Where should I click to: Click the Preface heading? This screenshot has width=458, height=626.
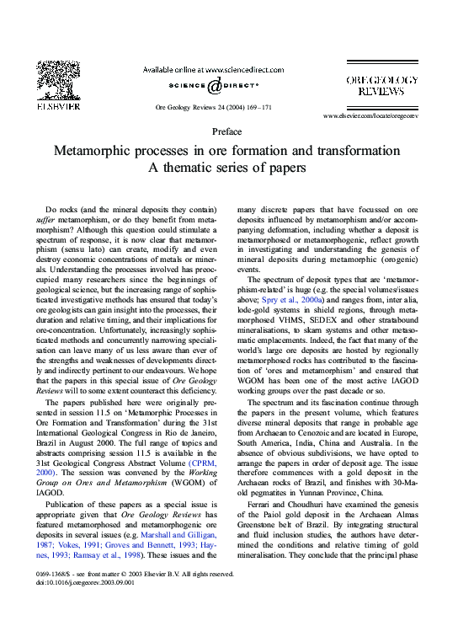pyautogui.click(x=227, y=131)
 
